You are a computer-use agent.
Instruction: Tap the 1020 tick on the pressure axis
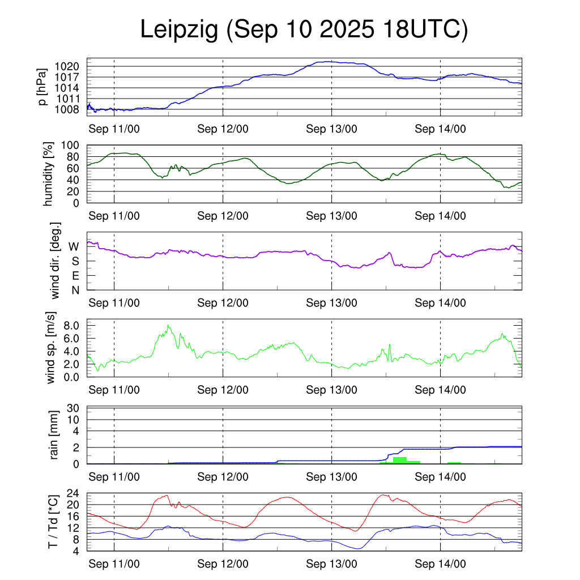click(71, 66)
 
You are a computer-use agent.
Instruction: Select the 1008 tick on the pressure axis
click(71, 109)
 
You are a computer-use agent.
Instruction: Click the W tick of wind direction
click(74, 246)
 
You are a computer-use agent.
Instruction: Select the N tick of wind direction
click(74, 290)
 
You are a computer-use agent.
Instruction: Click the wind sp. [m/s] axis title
click(52, 347)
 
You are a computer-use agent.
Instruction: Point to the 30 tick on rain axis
click(74, 408)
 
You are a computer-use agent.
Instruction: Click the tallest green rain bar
click(400, 460)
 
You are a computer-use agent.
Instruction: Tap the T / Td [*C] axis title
click(52, 521)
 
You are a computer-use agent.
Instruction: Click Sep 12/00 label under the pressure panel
click(223, 129)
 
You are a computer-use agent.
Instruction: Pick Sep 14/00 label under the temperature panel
click(441, 564)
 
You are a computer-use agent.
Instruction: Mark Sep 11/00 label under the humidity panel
click(114, 216)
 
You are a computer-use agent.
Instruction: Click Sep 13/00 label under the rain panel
click(332, 477)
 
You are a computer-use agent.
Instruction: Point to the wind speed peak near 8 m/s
click(168, 326)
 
